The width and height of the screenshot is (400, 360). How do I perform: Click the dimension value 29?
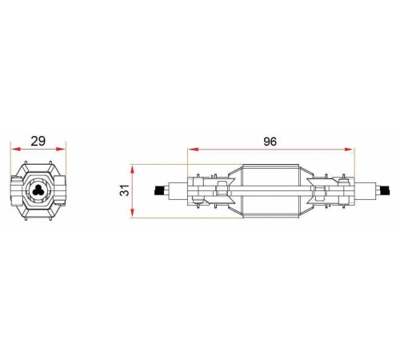(38, 141)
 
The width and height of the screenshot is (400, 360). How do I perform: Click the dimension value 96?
(270, 142)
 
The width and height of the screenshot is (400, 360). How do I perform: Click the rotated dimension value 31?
(125, 190)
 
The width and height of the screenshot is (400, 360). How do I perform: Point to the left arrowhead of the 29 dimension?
(16, 149)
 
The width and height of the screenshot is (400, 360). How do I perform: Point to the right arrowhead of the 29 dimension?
(60, 149)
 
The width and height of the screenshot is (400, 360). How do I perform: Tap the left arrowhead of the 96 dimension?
(194, 150)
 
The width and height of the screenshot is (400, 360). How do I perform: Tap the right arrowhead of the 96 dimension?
(348, 150)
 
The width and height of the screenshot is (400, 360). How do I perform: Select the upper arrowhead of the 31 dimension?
(132, 170)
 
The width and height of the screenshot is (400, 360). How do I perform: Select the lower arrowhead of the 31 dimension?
(132, 213)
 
